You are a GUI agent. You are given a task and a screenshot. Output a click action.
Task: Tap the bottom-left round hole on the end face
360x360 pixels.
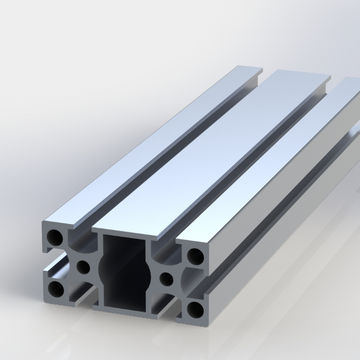coord(52,289)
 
